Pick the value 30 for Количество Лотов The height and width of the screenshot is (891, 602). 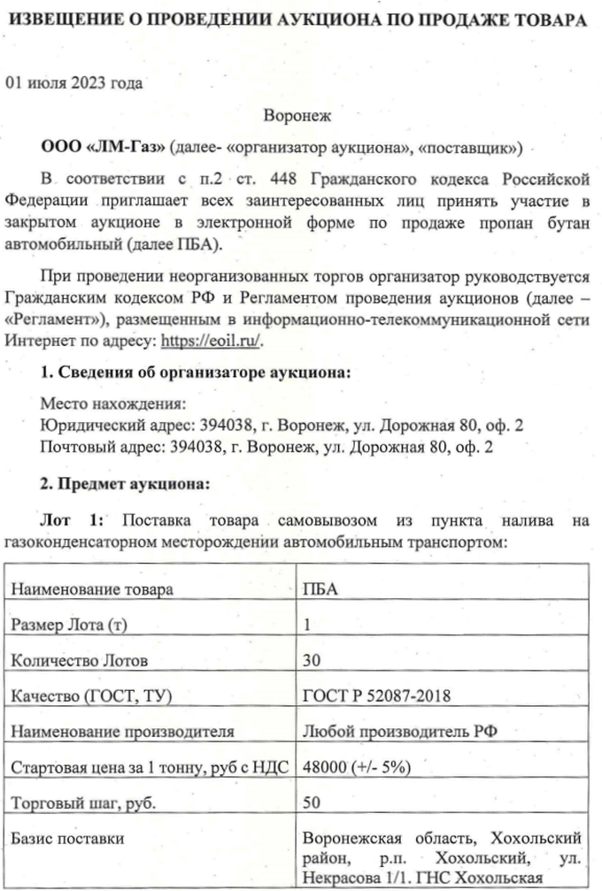[312, 660]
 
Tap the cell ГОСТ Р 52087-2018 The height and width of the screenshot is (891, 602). [376, 696]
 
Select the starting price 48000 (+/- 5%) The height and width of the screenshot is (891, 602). [356, 767]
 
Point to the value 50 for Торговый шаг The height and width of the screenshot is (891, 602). [312, 803]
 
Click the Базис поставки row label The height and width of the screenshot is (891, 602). [67, 838]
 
